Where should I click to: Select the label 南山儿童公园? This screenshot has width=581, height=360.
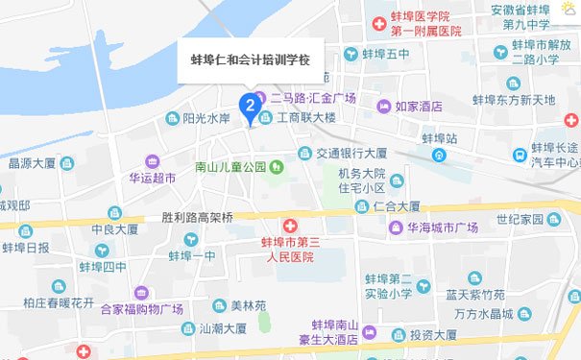click(230, 167)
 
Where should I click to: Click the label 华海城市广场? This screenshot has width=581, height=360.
click(446, 228)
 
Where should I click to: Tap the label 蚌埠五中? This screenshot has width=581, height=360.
click(385, 54)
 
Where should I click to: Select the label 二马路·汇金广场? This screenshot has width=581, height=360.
click(313, 98)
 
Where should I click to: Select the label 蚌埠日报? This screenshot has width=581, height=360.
click(26, 248)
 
